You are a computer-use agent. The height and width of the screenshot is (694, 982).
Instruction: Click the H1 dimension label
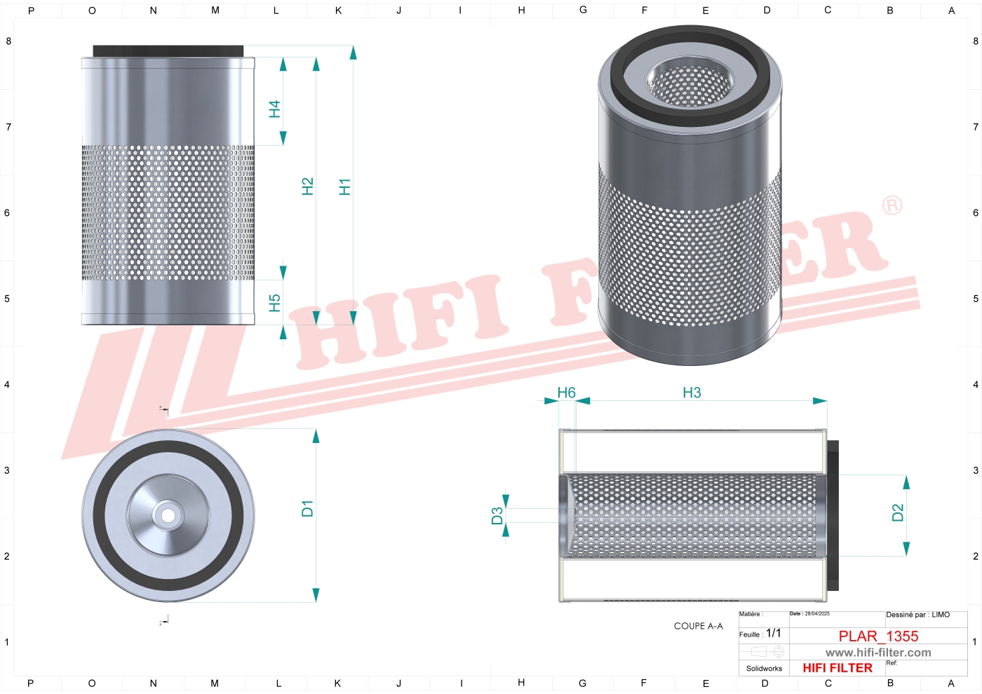[x=344, y=186]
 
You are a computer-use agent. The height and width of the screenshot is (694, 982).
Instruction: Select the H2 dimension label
[x=307, y=186]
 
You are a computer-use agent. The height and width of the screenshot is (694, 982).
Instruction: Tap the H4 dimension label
[x=274, y=109]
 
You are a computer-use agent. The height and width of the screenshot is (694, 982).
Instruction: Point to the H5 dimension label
[x=274, y=303]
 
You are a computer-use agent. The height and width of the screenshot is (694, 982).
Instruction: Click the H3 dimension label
[x=692, y=393]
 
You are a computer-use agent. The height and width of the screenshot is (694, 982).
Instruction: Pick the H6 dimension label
[x=566, y=393]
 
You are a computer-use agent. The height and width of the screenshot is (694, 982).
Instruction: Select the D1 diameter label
[x=307, y=508]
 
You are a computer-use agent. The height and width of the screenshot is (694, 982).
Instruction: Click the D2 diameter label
[x=897, y=513]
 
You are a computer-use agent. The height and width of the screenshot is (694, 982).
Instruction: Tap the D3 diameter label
[x=497, y=516]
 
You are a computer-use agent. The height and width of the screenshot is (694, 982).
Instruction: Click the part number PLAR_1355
[x=878, y=636]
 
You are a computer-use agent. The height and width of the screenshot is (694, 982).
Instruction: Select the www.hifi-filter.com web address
[x=878, y=653]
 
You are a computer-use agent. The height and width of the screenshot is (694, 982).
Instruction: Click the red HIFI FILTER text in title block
[x=838, y=668]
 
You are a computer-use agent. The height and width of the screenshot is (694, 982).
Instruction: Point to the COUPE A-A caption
[x=698, y=626]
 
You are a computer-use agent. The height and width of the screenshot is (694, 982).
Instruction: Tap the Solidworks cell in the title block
[x=764, y=669]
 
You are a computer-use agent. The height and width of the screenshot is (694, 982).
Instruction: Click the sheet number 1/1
[x=773, y=633]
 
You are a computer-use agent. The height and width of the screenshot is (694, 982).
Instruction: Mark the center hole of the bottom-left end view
[x=168, y=516]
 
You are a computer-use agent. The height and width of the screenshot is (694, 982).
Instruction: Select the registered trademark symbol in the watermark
[x=892, y=205]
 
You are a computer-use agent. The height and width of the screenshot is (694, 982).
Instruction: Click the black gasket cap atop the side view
[x=168, y=51]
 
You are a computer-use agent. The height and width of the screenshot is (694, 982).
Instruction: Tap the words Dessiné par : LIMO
[x=917, y=615]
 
